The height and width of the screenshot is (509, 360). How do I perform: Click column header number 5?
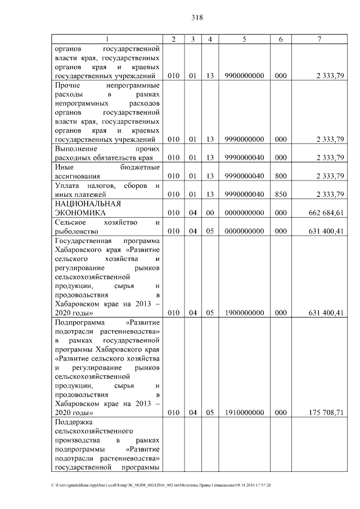244,39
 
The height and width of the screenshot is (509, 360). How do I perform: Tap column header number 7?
319,39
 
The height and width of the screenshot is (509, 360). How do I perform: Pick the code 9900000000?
244,76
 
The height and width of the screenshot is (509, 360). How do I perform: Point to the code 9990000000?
244,139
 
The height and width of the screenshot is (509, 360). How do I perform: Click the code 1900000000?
244,313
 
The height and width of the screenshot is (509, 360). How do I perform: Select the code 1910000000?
244,412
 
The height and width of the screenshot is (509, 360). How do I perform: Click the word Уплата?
67,186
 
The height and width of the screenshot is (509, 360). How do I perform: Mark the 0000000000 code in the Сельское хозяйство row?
244,231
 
